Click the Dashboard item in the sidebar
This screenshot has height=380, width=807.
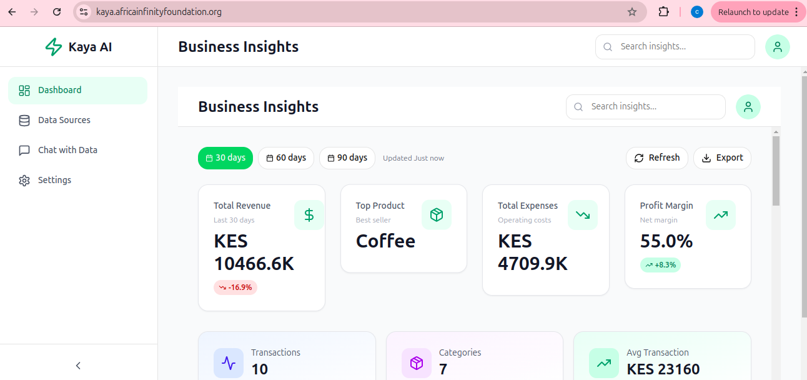tap(59, 91)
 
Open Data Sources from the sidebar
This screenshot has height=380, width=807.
tap(64, 121)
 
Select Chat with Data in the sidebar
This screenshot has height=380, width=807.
tap(67, 151)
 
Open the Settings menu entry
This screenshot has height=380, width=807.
tap(54, 181)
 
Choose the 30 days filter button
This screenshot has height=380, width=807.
tap(225, 158)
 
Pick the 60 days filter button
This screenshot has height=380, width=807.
tap(285, 158)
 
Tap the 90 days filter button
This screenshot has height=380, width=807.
tap(347, 158)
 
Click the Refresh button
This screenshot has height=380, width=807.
tap(657, 158)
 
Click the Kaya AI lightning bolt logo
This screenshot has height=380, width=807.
tap(54, 47)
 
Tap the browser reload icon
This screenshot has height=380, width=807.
tap(57, 12)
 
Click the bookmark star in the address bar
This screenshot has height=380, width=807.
tap(632, 12)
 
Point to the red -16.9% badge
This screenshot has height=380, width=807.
tap(235, 287)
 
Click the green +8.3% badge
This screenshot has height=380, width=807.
tap(660, 265)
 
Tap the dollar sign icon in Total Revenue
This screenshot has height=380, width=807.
tap(309, 215)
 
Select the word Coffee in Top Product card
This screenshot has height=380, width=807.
tap(385, 241)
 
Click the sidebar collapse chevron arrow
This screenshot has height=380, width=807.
tap(78, 366)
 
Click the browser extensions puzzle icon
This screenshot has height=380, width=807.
tap(664, 12)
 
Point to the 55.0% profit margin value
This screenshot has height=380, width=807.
tap(666, 241)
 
